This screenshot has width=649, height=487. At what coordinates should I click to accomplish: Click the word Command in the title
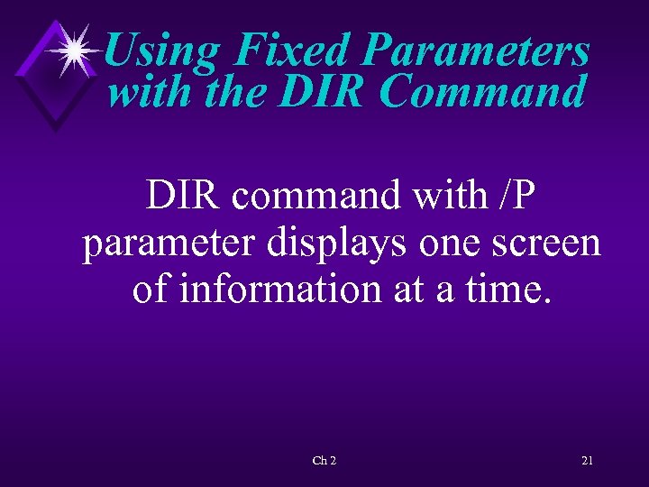click(x=483, y=92)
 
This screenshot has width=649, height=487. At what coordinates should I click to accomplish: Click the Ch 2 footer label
click(x=324, y=461)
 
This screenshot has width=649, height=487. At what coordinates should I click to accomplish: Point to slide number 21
click(x=587, y=461)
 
